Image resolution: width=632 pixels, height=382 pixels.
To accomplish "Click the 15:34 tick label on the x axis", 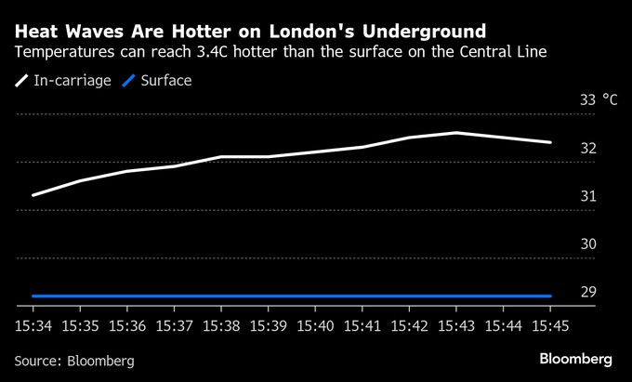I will tap(33, 326).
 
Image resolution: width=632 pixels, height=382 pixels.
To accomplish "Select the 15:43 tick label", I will tap(455, 326).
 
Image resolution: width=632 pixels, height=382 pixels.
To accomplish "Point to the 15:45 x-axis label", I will tap(550, 326).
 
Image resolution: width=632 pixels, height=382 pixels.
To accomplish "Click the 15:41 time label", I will tap(362, 326).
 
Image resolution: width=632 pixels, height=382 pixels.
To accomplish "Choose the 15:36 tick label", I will tap(126, 326).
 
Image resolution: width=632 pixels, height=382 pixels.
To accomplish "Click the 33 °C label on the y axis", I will tap(599, 99).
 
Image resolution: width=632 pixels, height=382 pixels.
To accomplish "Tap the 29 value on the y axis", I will tap(588, 292).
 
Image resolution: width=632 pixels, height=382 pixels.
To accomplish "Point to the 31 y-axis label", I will tap(588, 196).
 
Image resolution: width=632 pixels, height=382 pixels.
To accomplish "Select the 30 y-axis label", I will tap(588, 244).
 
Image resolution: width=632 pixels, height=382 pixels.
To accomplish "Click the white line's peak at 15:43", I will tap(456, 133).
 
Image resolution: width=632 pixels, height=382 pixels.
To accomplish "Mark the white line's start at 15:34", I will tap(33, 195).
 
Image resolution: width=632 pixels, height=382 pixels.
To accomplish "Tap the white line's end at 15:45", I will tap(550, 142).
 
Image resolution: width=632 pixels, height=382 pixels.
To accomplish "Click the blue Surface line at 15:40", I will tap(315, 296).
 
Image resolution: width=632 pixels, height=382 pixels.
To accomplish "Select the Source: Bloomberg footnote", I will tap(74, 360).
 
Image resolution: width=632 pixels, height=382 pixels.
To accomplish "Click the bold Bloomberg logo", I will tap(575, 359).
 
